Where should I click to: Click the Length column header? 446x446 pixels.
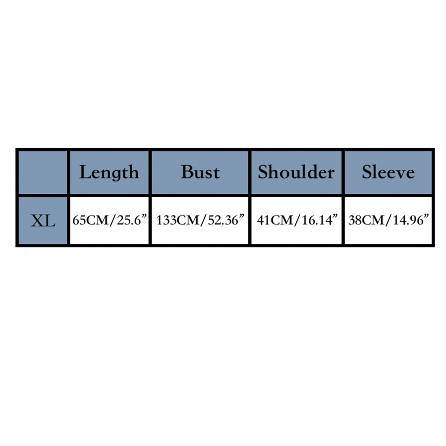coord(109,173)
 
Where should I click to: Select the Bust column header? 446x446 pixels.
coord(201,172)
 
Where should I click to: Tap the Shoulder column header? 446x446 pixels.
coord(296,172)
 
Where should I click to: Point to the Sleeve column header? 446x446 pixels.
coord(388,172)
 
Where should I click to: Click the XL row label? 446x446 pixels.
coord(43,221)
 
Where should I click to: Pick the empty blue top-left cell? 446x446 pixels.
coord(43,172)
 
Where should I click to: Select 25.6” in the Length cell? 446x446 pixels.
coord(131,220)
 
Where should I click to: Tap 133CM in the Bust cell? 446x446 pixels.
coord(178,220)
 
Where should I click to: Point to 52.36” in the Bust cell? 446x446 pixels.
coord(226,220)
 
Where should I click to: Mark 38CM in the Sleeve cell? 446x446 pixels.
coord(366,220)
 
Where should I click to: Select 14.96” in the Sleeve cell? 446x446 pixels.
coord(411,220)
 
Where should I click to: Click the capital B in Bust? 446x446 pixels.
coord(187,172)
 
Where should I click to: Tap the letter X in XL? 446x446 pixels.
coord(37,221)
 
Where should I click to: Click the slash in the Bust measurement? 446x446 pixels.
coord(203,220)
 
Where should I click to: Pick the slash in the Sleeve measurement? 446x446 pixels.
coord(389,220)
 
